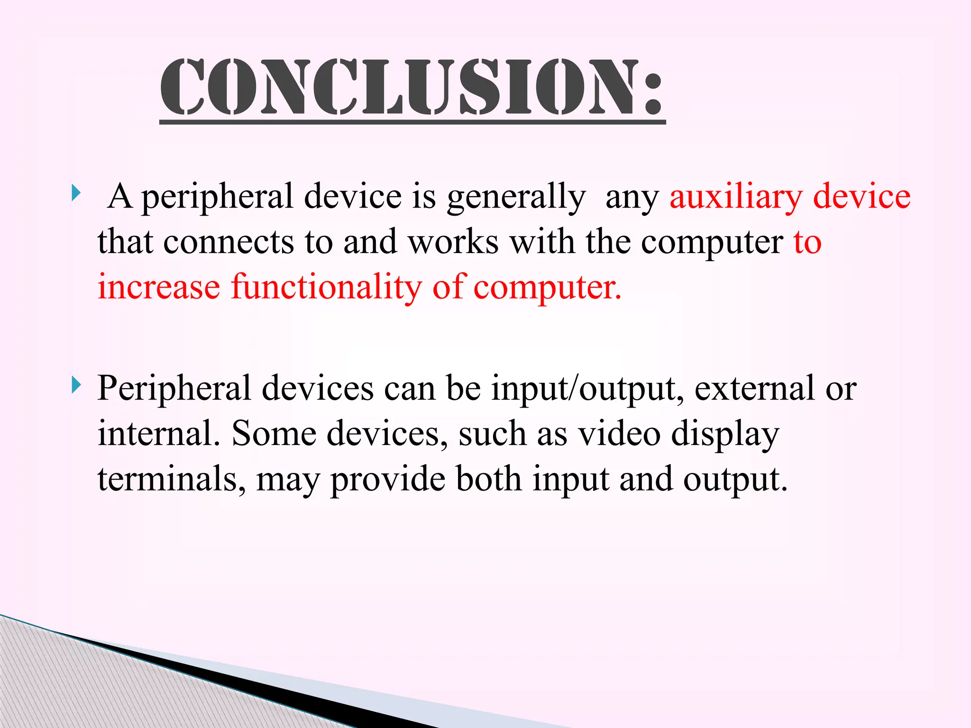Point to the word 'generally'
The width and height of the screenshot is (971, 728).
pos(516,197)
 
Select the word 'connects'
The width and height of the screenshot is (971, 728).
pos(229,242)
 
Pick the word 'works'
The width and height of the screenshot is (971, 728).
pos(453,242)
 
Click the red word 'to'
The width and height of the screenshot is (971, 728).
pos(807,242)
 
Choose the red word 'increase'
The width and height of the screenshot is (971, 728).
pos(159,287)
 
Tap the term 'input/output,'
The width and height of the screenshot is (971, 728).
pos(587,389)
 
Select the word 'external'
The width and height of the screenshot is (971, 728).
pos(754,388)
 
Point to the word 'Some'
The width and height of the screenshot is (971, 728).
pos(274,433)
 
